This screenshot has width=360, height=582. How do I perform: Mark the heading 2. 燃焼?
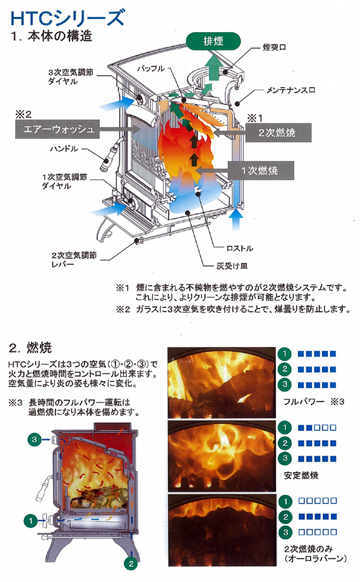(35, 348)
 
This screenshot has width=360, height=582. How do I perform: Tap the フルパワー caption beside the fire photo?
(303, 401)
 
